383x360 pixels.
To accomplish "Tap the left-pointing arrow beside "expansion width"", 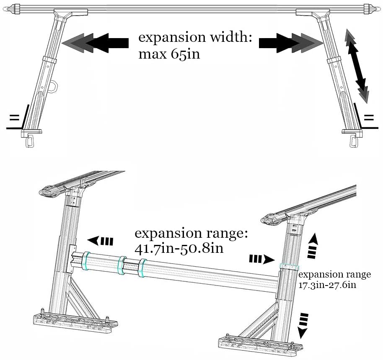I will tap(96, 43).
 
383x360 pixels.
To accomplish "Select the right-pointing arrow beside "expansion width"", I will tap(290, 43).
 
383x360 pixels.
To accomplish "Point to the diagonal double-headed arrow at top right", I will tap(357, 66).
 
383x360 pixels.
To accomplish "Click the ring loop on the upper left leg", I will tap(54, 86).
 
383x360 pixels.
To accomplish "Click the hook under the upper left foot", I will tap(30, 141).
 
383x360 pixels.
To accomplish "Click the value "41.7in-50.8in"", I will tap(179, 248).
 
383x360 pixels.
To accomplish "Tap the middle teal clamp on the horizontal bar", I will tap(122, 265).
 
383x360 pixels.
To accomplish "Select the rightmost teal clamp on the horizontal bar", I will tap(142, 268).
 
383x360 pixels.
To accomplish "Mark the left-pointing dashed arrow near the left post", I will tap(101, 241).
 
